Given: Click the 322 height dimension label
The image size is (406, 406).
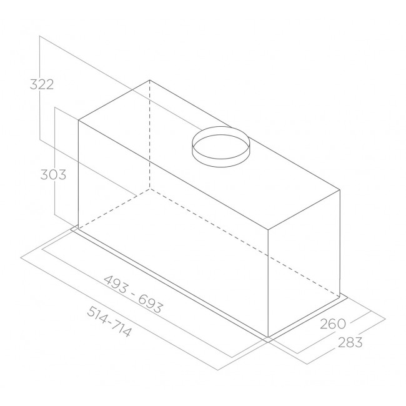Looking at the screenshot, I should click(42, 85).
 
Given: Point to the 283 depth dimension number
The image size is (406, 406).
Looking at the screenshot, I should click(349, 342).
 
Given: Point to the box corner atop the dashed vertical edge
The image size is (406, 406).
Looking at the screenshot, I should click(150, 80).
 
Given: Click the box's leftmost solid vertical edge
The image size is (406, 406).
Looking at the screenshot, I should click(77, 175).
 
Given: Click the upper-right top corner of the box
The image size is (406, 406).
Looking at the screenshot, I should click(340, 189).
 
